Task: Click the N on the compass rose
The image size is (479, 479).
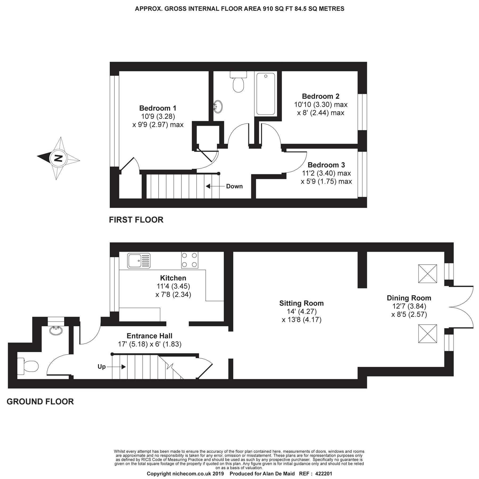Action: click(58, 158)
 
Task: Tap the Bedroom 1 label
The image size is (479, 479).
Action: click(158, 108)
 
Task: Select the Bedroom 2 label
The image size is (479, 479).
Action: click(321, 96)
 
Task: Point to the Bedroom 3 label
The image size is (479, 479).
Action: click(326, 165)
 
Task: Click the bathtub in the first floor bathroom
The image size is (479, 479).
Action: click(266, 94)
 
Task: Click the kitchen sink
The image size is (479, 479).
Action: click(139, 260)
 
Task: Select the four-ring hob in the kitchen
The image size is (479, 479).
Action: click(190, 260)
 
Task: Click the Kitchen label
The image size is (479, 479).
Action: click(173, 278)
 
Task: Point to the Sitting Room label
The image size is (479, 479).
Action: click(302, 303)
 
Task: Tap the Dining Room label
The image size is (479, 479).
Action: click(409, 298)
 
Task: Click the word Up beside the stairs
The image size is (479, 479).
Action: click(102, 367)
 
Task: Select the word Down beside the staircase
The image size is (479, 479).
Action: click(234, 186)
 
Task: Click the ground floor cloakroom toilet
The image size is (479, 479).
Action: click(28, 365)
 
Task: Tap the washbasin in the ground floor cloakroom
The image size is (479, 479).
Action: click(56, 331)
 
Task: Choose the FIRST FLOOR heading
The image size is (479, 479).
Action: click(136, 220)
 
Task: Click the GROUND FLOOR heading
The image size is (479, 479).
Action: click(40, 402)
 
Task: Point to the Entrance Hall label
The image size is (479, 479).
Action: click(150, 336)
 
